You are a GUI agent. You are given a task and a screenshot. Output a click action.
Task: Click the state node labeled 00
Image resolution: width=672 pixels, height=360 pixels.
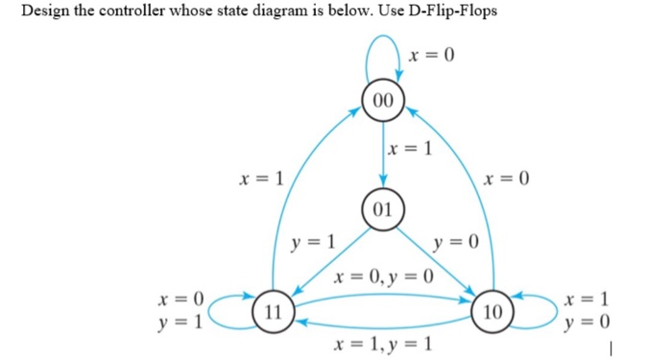[x=383, y=100]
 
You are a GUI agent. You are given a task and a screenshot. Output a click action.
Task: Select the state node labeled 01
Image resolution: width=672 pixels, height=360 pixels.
[x=383, y=209]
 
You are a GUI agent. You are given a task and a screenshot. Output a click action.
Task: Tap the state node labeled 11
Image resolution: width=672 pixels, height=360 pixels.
[x=274, y=311]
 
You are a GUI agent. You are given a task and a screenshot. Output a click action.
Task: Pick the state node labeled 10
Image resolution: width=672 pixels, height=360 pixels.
[x=492, y=311]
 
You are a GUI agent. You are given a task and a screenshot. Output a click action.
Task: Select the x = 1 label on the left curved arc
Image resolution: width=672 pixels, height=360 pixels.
[x=262, y=178]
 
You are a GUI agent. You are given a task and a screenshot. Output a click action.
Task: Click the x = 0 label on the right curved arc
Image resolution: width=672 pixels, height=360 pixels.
[x=508, y=179]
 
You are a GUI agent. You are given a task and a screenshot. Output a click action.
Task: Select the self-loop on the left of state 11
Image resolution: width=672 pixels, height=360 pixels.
[x=228, y=310]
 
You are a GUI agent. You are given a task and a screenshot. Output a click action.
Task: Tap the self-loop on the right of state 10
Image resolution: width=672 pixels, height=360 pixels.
[x=534, y=310]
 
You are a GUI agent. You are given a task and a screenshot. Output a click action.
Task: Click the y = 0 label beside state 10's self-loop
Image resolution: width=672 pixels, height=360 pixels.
[x=590, y=323]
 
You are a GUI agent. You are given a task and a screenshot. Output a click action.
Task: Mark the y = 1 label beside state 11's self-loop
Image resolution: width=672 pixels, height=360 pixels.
[x=180, y=323]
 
